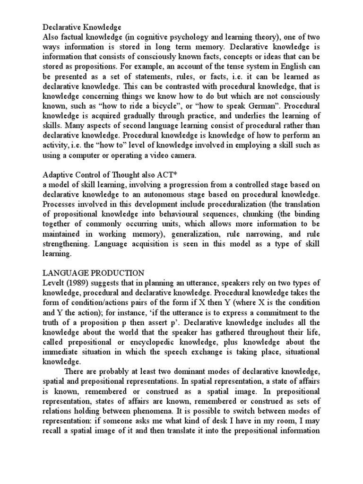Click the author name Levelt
(53, 283)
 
